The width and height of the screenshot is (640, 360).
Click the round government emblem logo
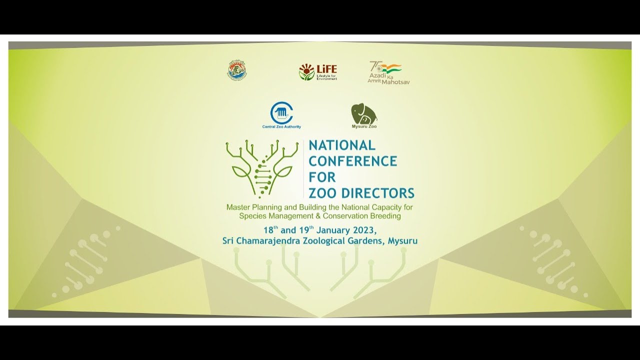tap(237, 70)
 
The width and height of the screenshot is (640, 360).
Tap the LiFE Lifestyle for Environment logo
tap(318, 72)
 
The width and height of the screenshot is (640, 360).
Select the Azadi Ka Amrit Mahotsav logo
tap(388, 72)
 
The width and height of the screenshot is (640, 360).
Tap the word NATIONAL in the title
tap(342, 145)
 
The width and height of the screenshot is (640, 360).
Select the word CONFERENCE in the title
tap(353, 161)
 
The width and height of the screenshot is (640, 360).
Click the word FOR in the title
tap(322, 177)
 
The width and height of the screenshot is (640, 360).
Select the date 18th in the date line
tap(270, 230)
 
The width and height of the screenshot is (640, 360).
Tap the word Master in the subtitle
tap(238, 207)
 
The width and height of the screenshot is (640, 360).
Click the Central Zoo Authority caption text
tap(281, 127)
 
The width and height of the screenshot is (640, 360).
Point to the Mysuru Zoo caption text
tap(364, 127)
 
